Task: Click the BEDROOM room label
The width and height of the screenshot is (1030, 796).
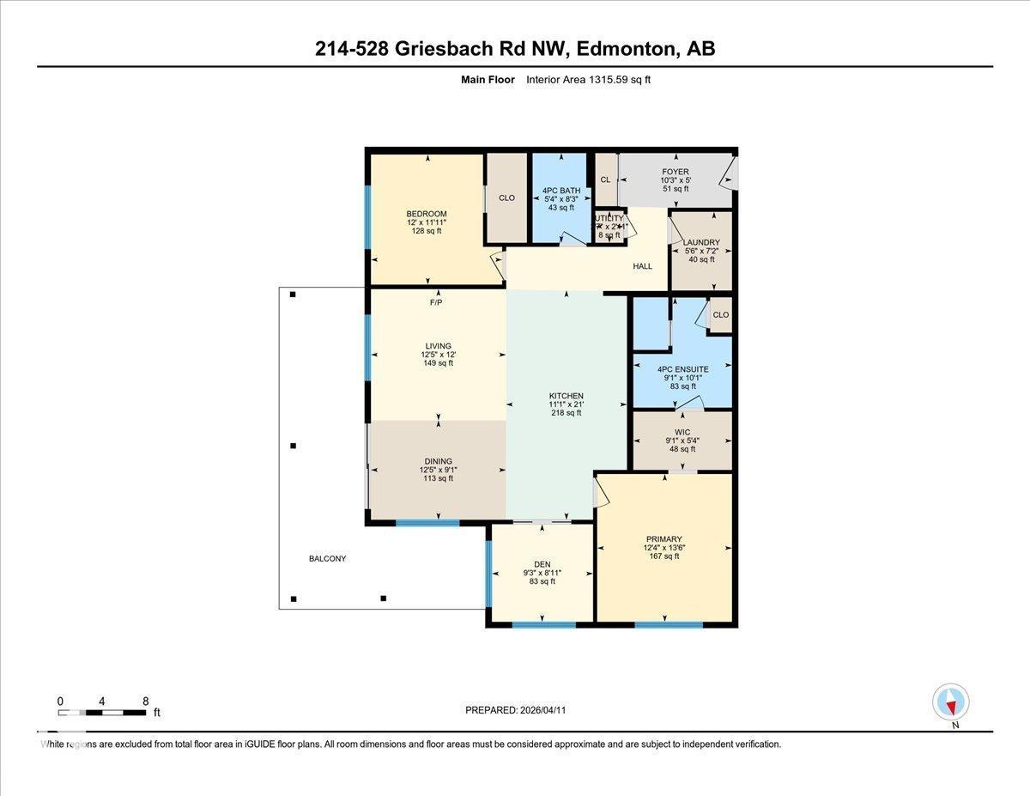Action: click(x=427, y=214)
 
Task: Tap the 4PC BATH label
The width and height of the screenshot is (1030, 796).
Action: click(x=560, y=191)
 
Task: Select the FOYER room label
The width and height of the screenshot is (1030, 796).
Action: click(x=675, y=172)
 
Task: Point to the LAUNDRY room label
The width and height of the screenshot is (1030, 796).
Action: click(x=701, y=243)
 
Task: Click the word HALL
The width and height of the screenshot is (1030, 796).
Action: click(x=643, y=266)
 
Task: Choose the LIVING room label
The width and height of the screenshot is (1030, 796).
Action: click(x=437, y=346)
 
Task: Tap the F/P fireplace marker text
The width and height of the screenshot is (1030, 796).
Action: click(x=437, y=302)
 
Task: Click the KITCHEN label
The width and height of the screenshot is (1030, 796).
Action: click(x=566, y=396)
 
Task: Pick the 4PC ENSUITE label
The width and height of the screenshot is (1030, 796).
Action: click(x=683, y=369)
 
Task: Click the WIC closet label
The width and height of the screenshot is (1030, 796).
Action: click(x=682, y=432)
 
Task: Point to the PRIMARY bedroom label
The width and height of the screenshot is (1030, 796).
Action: click(x=664, y=539)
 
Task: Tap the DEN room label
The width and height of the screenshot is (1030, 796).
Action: click(x=542, y=564)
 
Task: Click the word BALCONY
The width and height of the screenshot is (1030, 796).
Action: click(x=328, y=559)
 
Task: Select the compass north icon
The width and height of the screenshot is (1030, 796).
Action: click(x=951, y=702)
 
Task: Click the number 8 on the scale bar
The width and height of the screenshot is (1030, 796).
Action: click(x=145, y=702)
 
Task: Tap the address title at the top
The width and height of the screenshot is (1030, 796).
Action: click(x=515, y=49)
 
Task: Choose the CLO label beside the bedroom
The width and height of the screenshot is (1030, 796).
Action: click(x=506, y=197)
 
